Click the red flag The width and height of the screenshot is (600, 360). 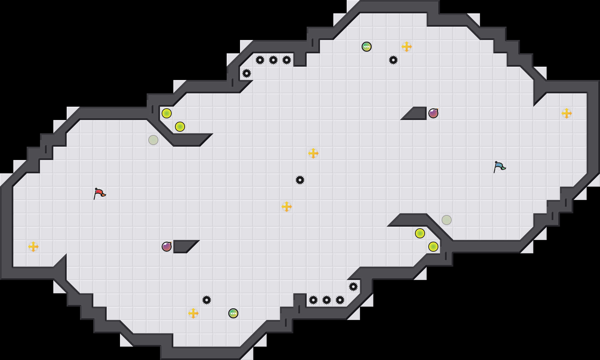[99, 193]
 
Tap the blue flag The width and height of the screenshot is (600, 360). [499, 167]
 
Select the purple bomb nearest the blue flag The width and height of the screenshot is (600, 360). [433, 113]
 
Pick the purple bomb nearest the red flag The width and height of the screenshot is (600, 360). [167, 247]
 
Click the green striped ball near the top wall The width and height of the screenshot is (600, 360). [367, 47]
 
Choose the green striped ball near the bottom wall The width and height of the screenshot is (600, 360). [233, 313]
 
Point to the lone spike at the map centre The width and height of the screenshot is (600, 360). [300, 180]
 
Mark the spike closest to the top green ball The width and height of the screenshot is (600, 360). [393, 60]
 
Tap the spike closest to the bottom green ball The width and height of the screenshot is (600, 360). [207, 300]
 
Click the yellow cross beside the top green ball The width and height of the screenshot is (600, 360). [407, 47]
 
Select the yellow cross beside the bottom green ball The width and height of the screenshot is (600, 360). [193, 313]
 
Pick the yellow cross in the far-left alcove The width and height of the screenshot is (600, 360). [33, 247]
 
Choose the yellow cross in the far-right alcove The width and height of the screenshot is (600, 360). [567, 113]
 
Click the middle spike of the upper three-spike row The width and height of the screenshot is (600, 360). [273, 60]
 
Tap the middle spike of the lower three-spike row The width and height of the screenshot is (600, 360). [327, 300]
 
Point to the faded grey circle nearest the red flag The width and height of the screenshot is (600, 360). [153, 140]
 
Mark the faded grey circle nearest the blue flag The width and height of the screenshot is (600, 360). [447, 220]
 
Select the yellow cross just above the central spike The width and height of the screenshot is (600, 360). [313, 153]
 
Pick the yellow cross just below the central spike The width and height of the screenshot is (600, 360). [287, 207]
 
